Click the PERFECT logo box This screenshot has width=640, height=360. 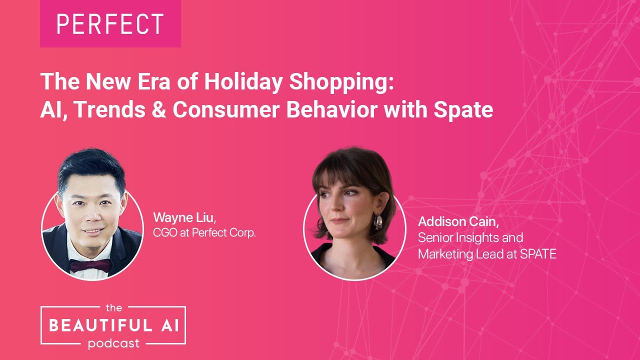[110, 23]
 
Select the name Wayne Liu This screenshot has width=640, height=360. [184, 218]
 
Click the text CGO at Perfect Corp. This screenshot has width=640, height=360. [204, 233]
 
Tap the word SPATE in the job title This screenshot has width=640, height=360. [537, 254]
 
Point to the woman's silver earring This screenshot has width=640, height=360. [378, 221]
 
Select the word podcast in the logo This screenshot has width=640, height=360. [113, 343]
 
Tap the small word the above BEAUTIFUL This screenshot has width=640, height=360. [113, 308]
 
